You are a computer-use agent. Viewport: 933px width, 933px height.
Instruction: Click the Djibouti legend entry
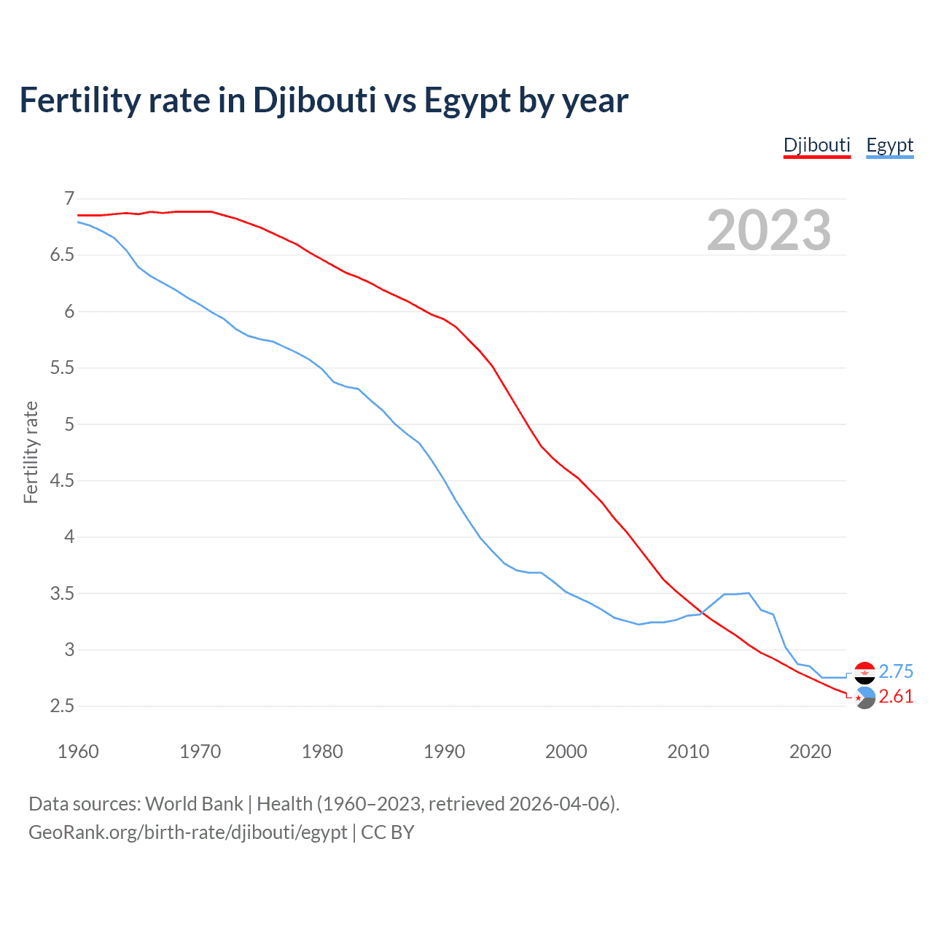click(816, 145)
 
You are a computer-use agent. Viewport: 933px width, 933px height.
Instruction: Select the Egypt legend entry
click(889, 145)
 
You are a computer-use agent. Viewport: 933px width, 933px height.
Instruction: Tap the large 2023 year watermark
click(769, 230)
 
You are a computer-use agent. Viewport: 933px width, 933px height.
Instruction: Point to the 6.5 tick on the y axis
click(62, 255)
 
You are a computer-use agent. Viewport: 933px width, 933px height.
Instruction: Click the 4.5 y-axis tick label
click(62, 480)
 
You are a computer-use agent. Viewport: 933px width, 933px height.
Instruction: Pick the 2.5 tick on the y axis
click(62, 706)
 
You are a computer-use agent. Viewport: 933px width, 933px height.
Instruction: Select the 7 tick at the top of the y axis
click(69, 198)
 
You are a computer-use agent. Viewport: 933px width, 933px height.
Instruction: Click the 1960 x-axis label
click(78, 752)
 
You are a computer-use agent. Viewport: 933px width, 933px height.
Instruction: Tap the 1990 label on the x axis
click(444, 752)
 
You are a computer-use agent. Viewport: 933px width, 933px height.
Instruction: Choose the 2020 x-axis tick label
click(810, 752)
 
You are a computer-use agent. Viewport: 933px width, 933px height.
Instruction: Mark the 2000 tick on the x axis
click(566, 752)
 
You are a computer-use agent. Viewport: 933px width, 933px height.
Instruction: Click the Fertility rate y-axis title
click(31, 452)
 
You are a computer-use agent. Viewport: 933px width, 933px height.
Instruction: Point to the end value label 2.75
click(896, 671)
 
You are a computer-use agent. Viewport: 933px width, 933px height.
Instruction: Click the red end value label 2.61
click(896, 697)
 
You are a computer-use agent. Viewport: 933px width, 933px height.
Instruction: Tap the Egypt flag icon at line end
click(864, 672)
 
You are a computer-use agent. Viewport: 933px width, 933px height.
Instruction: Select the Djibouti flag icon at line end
click(864, 698)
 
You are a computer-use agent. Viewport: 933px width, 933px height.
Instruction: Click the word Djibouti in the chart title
click(314, 101)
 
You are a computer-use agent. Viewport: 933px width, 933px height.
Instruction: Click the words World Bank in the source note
click(194, 804)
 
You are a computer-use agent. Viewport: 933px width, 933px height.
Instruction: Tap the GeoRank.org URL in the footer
click(187, 832)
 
